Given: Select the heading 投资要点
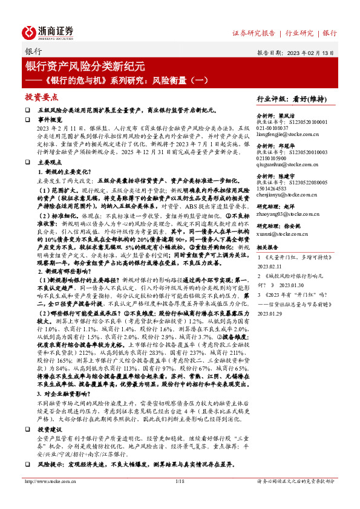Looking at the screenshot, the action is [41, 97].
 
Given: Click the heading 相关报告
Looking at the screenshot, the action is [267, 247].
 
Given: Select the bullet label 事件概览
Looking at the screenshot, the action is [50, 120].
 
